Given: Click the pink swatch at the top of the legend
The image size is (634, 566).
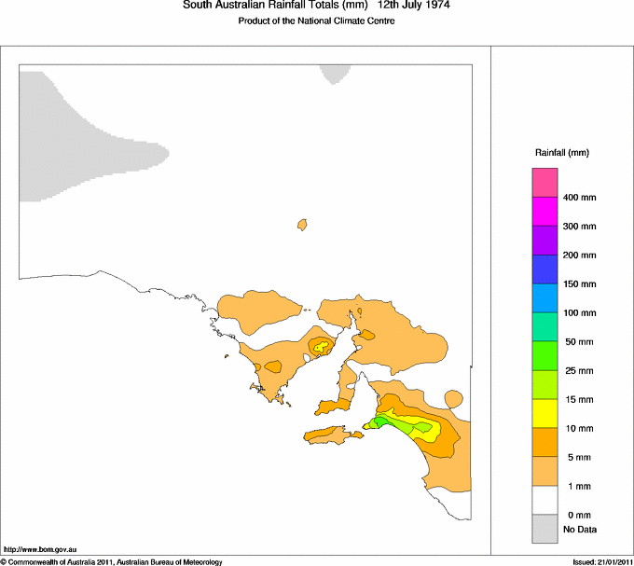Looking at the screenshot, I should coord(544,183).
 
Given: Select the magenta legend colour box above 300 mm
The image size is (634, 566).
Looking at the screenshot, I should coord(544,212).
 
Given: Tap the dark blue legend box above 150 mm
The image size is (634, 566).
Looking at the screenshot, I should coord(544,269).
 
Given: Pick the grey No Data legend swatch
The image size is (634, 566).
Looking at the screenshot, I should coord(544,530).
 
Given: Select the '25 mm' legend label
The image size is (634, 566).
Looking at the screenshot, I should coord(578,371).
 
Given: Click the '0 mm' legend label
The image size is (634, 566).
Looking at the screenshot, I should coord(578,516).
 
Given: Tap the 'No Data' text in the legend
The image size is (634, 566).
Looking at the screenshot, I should coord(580,530).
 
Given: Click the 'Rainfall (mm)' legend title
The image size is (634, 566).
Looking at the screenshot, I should coord(561,152).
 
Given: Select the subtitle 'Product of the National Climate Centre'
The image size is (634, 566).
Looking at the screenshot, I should coord(317,21).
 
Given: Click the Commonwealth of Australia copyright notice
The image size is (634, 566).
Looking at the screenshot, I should coord(112,561).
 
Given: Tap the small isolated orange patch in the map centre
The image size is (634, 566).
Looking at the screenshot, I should coord(302,225).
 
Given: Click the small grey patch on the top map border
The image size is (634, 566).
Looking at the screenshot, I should coord(334,73).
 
